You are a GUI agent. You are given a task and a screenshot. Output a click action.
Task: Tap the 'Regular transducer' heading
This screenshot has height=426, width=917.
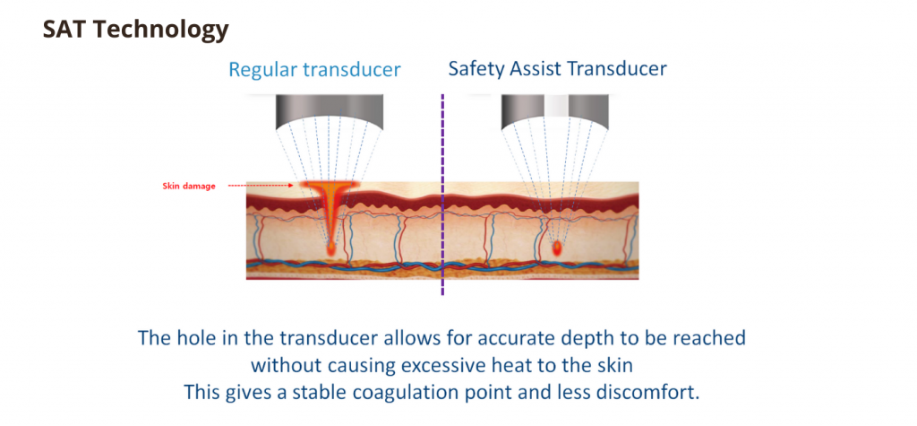(314, 70)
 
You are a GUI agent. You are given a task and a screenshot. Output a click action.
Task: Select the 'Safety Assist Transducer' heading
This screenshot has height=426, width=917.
(557, 68)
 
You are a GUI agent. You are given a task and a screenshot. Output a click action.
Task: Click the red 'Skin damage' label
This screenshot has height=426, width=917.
(188, 187)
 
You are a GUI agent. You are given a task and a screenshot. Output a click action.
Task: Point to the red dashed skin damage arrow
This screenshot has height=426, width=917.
(261, 186)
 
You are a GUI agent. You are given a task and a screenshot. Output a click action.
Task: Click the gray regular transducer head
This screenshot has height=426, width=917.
(330, 110)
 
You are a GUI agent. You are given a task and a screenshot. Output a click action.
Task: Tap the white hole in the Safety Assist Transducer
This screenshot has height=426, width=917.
(556, 106)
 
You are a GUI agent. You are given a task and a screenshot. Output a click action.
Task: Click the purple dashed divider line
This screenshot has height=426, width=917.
(442, 194)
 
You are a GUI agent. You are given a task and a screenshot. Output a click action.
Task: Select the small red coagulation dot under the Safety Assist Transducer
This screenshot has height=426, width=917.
(557, 248)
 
